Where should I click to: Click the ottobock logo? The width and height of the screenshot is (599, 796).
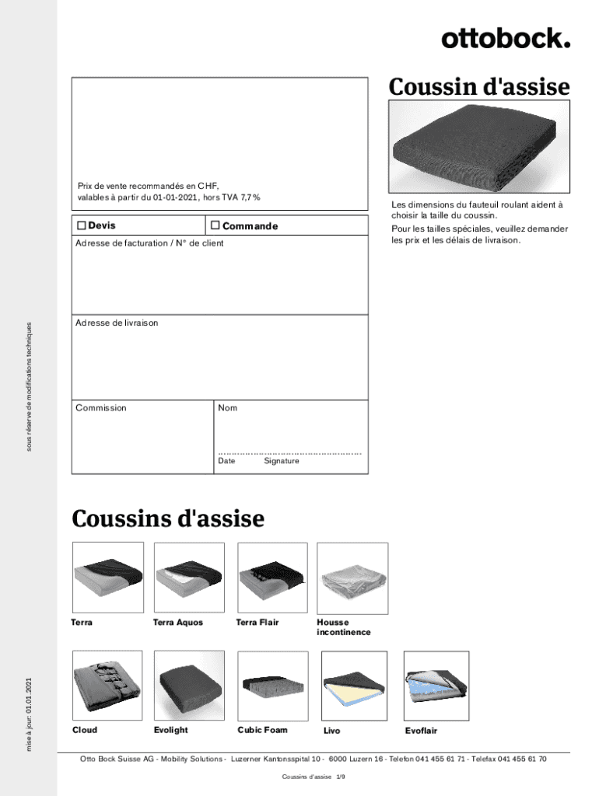pyautogui.click(x=506, y=38)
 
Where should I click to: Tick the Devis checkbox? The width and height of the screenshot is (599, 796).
pyautogui.click(x=81, y=225)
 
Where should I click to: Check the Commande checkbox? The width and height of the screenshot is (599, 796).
pyautogui.click(x=215, y=226)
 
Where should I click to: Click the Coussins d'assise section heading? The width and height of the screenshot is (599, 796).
pyautogui.click(x=168, y=518)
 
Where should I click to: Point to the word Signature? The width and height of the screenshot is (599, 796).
pyautogui.click(x=281, y=461)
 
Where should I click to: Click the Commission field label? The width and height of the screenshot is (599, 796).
pyautogui.click(x=101, y=407)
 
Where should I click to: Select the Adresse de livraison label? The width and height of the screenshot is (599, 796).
pyautogui.click(x=117, y=322)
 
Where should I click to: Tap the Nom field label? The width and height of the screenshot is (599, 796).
pyautogui.click(x=228, y=407)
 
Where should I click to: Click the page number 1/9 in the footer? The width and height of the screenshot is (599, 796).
pyautogui.click(x=340, y=777)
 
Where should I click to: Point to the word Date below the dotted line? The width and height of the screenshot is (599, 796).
pyautogui.click(x=226, y=461)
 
